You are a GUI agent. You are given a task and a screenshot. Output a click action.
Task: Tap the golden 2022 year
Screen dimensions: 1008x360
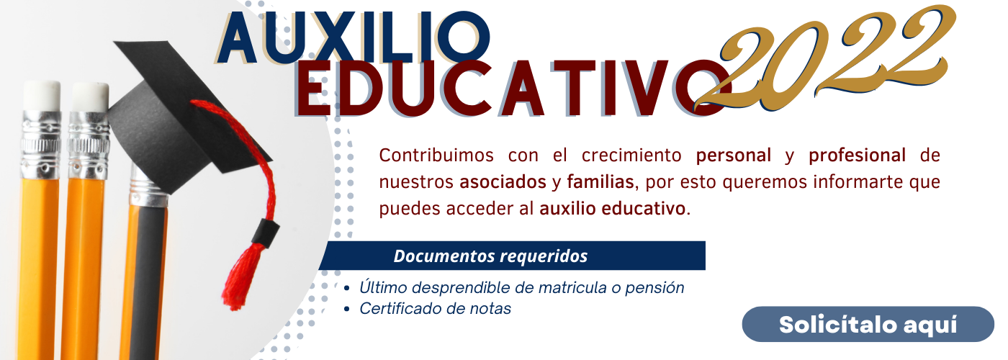[x=825, y=58]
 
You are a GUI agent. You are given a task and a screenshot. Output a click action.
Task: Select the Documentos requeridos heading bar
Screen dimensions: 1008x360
[x=512, y=256]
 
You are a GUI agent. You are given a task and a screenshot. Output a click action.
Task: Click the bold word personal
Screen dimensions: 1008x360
[x=734, y=156]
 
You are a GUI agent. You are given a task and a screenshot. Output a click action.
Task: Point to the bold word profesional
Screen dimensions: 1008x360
[x=858, y=156]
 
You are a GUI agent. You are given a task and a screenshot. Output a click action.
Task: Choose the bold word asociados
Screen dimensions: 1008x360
[x=503, y=182]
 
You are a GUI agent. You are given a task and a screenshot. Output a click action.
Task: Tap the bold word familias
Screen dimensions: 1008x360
[x=600, y=182]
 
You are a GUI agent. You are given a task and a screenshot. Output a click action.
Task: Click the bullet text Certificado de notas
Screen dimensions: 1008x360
[x=435, y=309]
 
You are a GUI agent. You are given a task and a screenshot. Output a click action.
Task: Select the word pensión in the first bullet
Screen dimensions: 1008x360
[x=654, y=288]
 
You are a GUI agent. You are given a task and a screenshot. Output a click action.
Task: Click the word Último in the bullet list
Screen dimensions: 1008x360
[x=383, y=287]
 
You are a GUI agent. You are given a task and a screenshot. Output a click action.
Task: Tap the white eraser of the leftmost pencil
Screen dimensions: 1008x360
[x=42, y=95]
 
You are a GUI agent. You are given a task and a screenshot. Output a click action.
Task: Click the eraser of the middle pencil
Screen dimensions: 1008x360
[x=90, y=96]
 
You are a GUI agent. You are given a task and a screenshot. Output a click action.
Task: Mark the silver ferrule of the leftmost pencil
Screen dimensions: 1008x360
[x=41, y=144]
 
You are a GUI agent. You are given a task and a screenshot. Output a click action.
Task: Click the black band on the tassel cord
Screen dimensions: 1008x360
[x=266, y=233]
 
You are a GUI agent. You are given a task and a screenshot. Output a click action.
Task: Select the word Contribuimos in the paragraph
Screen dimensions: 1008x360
[x=436, y=156]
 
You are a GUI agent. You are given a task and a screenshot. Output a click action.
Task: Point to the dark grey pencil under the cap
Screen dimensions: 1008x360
[x=147, y=279]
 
